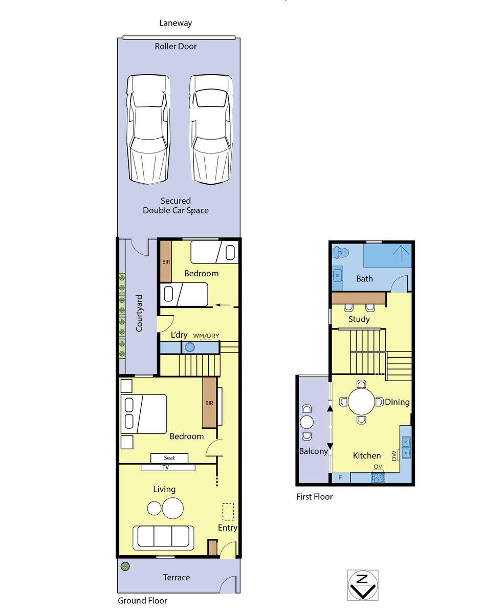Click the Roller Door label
click(x=176, y=46)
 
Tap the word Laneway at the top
click(x=176, y=23)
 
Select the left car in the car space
click(x=148, y=129)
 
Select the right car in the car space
click(x=211, y=129)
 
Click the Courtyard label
click(x=139, y=313)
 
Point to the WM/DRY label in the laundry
click(x=206, y=336)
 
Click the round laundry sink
click(x=190, y=347)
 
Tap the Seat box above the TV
click(x=169, y=458)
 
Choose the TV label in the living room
click(x=166, y=468)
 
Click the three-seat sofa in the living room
click(x=163, y=538)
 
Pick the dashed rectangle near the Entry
click(x=228, y=512)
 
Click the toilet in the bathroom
click(x=341, y=252)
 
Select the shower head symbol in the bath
click(x=401, y=252)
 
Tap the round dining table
click(x=361, y=402)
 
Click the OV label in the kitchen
click(x=378, y=467)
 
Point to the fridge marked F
click(x=340, y=477)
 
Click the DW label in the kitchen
click(x=394, y=455)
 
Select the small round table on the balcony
click(x=306, y=422)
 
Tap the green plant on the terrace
click(x=125, y=566)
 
